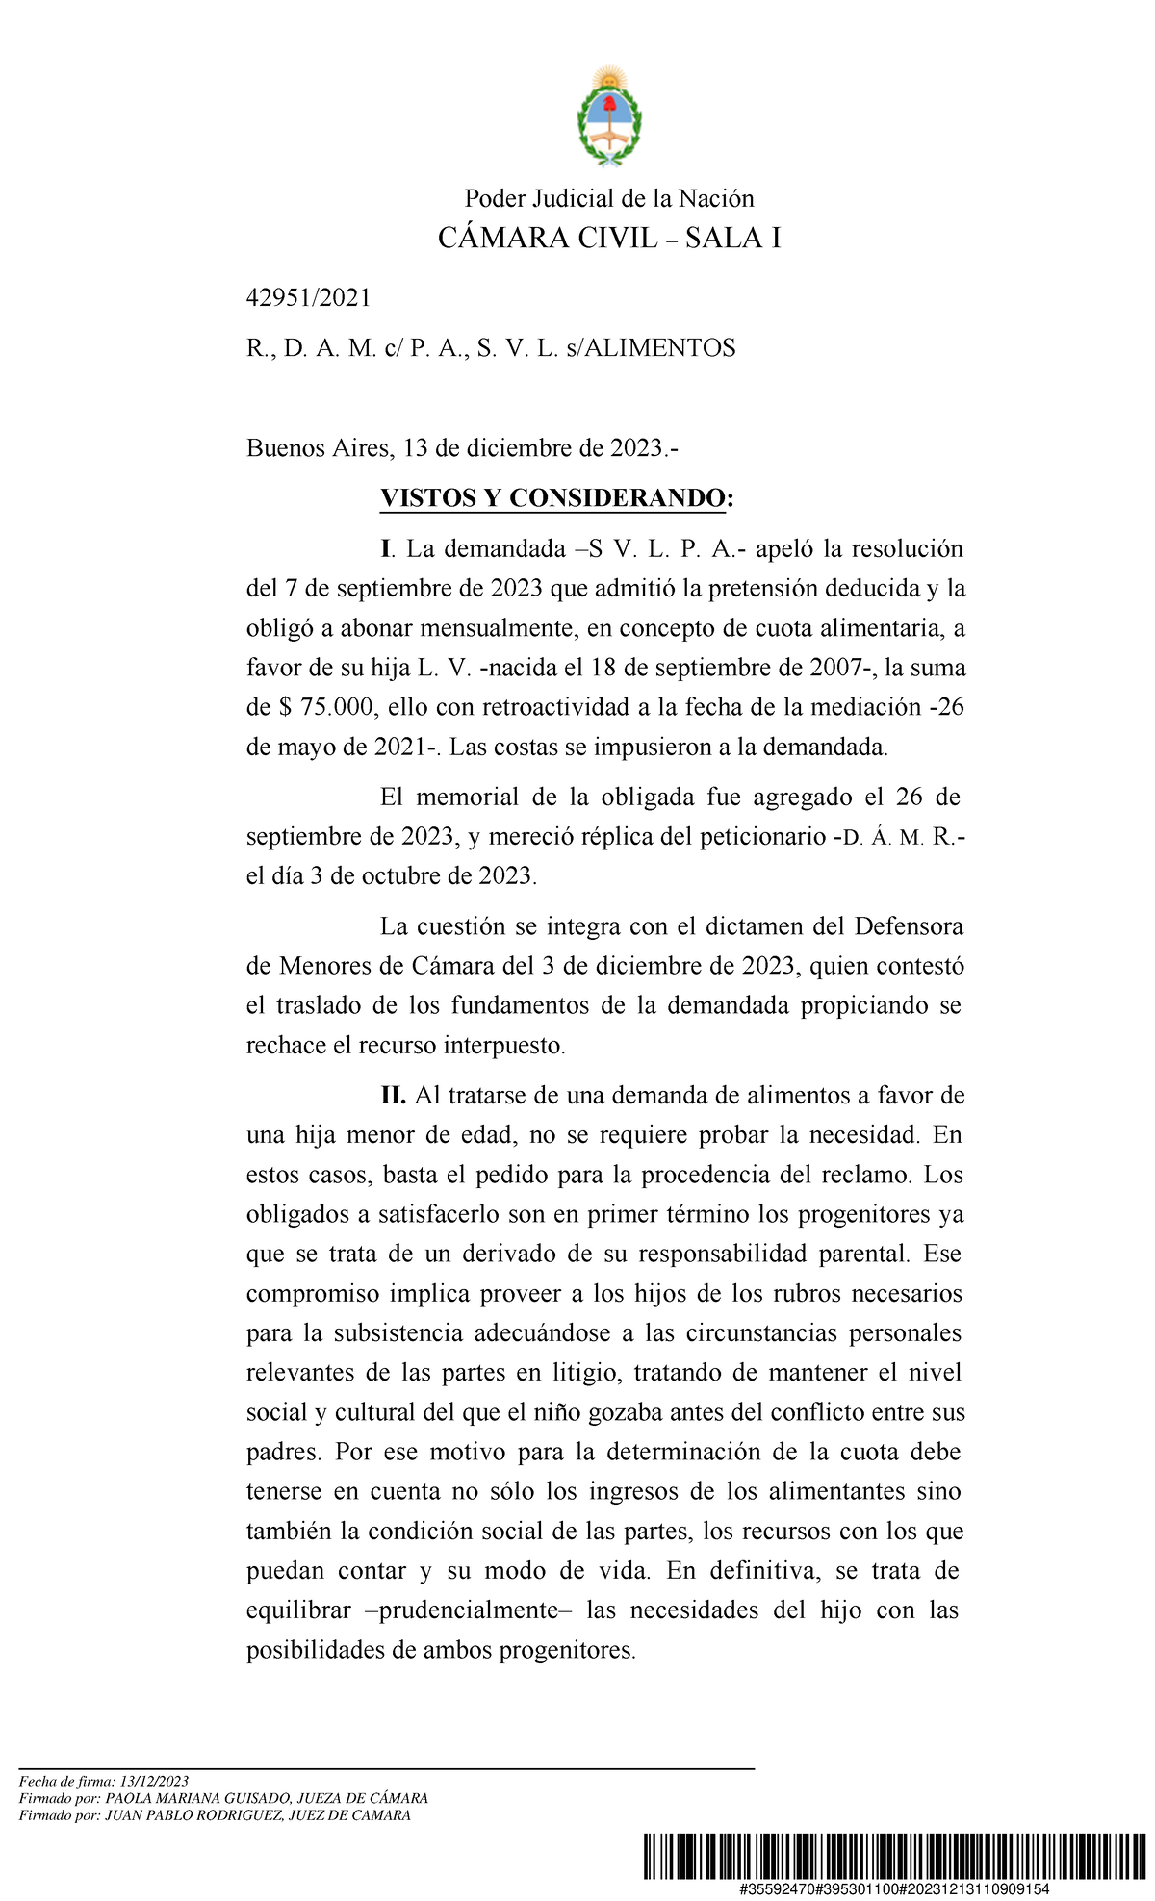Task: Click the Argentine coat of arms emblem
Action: coord(609,117)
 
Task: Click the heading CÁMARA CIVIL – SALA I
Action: coord(609,239)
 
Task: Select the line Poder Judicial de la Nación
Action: coord(609,199)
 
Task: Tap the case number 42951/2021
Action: coord(308,298)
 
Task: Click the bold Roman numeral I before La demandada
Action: coord(385,549)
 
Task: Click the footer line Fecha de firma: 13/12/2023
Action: coord(104,1782)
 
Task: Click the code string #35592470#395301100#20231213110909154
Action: coord(894,1889)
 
